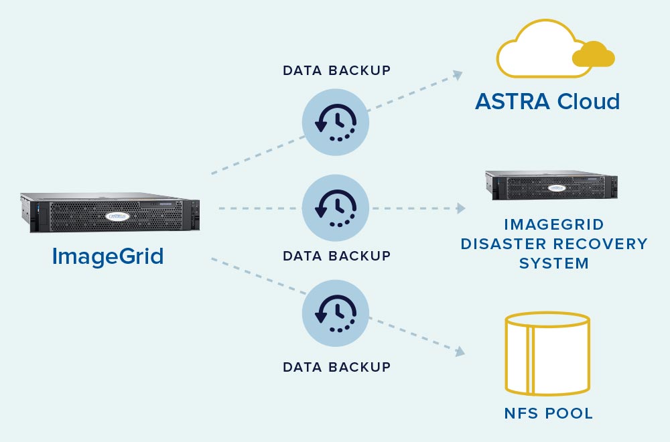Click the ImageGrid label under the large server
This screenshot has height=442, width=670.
click(x=108, y=256)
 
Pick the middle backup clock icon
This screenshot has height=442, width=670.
click(x=336, y=209)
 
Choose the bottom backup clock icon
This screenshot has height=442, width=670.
click(x=336, y=312)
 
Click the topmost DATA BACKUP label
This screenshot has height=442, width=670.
click(x=336, y=70)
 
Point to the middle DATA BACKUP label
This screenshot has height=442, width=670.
click(x=336, y=256)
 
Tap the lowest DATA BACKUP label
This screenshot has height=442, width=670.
click(x=336, y=367)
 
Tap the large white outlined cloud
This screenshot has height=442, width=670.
click(x=536, y=50)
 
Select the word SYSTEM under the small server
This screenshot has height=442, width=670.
click(x=554, y=263)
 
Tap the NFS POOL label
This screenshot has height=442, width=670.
click(x=548, y=413)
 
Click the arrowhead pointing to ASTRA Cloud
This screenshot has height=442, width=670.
click(x=458, y=74)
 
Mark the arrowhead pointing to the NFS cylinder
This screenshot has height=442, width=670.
click(x=460, y=351)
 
